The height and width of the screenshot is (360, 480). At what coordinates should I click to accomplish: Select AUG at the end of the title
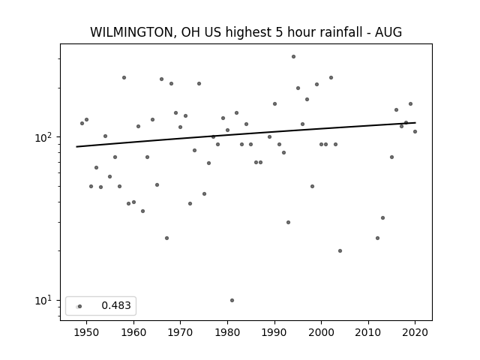coord(388,32)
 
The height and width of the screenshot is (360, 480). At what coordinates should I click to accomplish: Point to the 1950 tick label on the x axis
coord(87,332)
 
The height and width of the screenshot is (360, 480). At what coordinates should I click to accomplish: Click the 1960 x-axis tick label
coord(133,332)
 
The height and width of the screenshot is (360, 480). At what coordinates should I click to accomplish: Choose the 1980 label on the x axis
coord(227,332)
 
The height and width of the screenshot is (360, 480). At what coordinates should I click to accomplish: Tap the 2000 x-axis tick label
coord(322,332)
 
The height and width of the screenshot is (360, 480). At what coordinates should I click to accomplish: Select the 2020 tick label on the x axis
coord(415,332)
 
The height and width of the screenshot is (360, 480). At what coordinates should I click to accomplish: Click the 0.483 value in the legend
coord(116,305)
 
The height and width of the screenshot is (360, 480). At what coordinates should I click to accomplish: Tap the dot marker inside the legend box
coord(79,307)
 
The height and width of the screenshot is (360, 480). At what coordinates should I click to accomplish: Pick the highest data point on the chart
coord(293,57)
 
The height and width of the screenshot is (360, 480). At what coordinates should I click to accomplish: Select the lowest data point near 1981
coord(232,300)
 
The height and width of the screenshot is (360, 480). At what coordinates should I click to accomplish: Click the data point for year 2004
coord(340,250)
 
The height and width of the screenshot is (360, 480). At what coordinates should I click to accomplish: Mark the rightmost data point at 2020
coord(415,132)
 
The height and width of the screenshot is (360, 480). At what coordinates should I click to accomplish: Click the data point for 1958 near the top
coord(124,78)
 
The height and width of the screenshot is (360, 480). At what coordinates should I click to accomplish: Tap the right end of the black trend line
coord(415,123)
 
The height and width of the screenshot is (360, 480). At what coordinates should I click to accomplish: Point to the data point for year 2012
coord(377,238)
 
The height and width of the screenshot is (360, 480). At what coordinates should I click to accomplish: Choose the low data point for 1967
coord(166,238)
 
